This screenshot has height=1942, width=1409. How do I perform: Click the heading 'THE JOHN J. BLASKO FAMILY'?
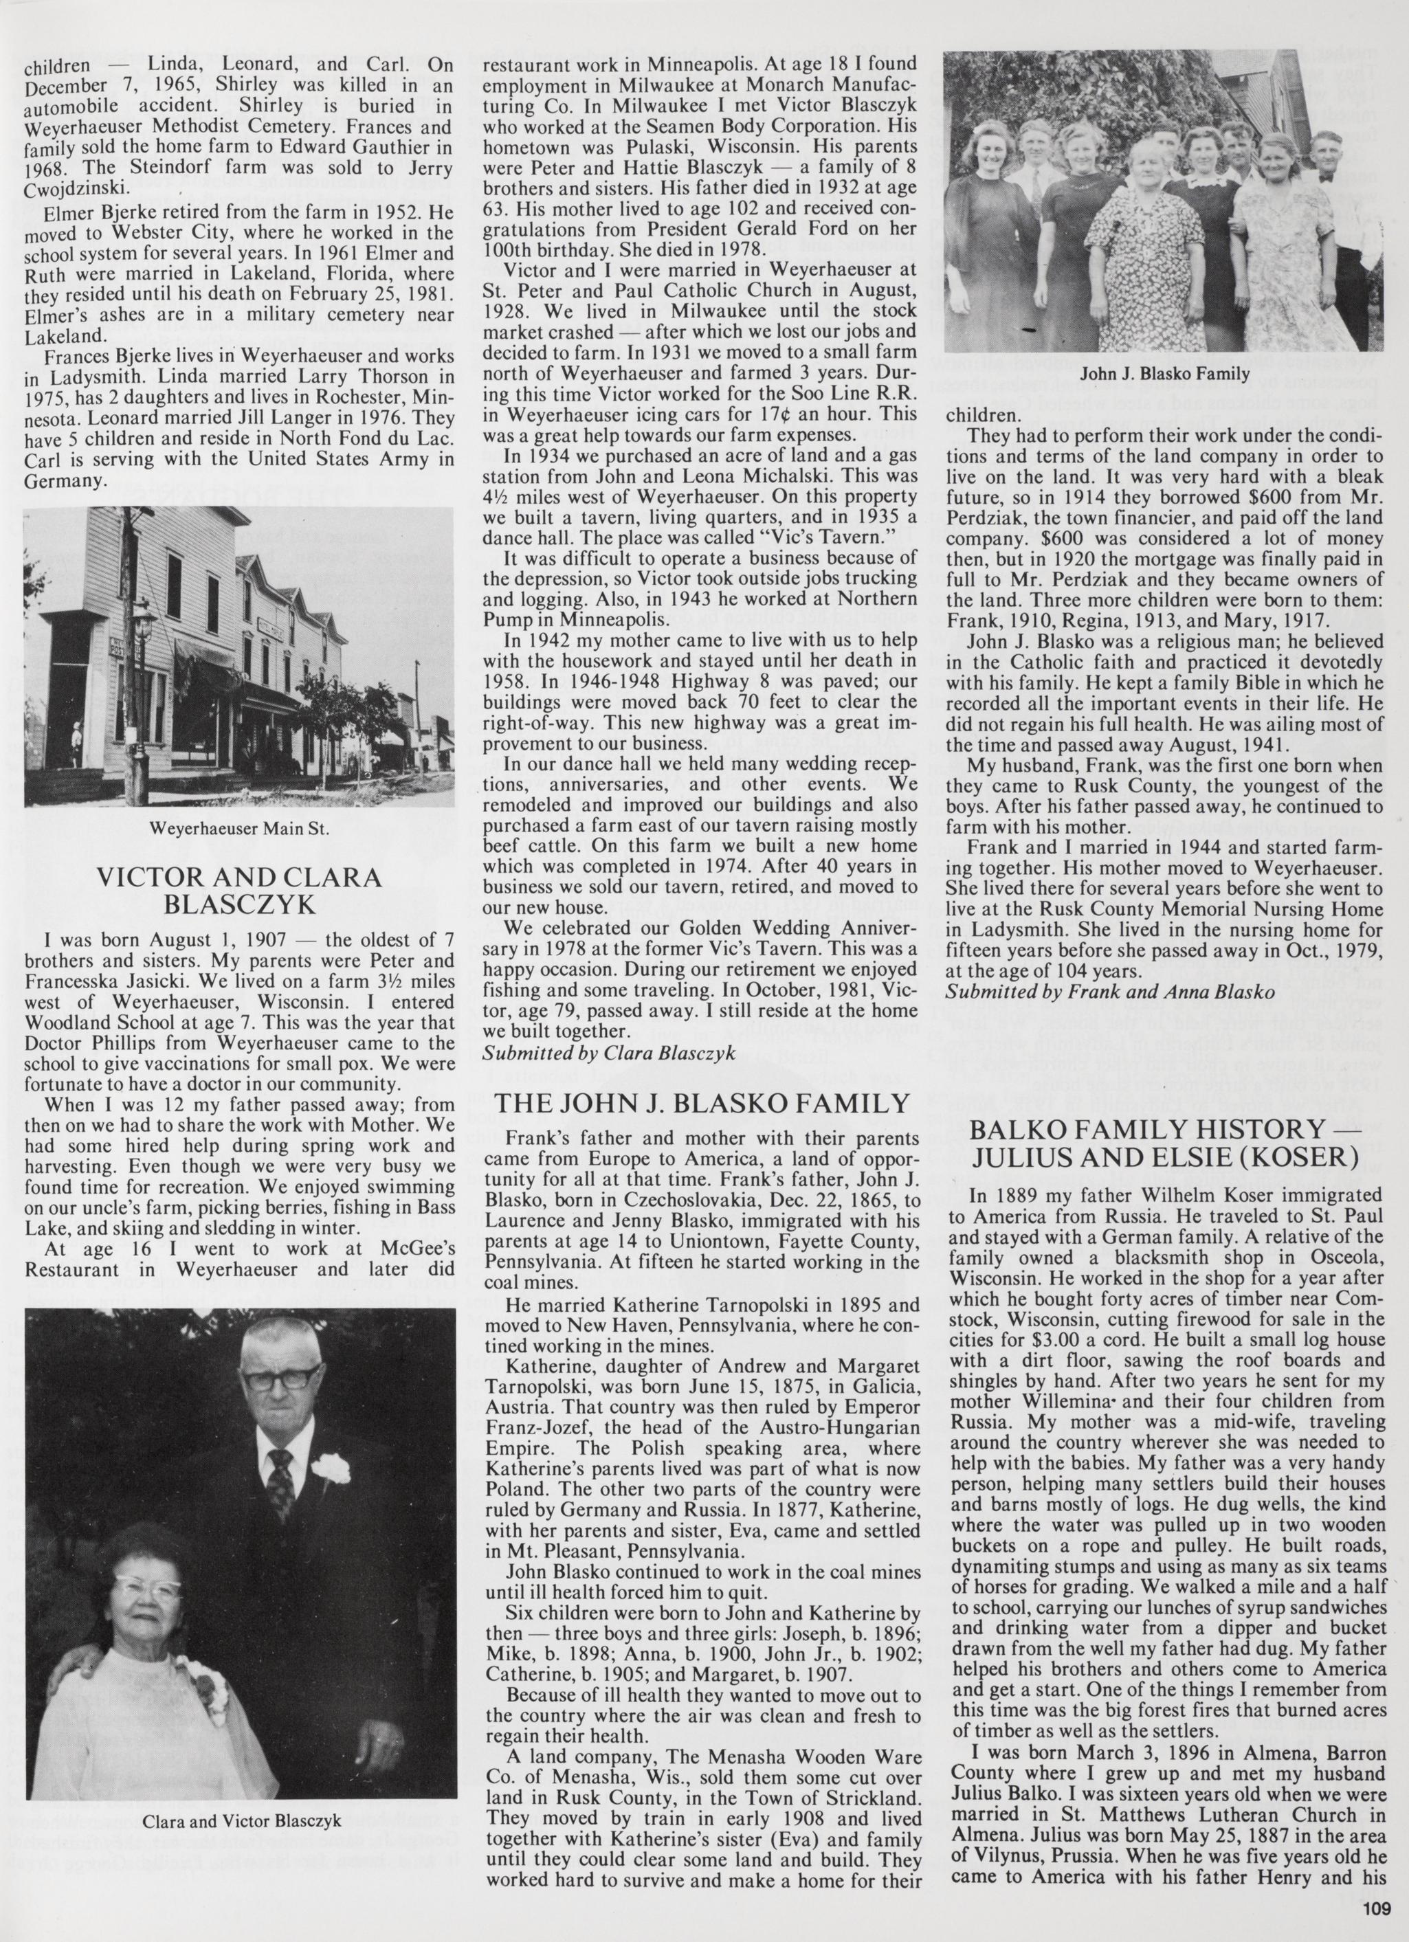pos(702,1104)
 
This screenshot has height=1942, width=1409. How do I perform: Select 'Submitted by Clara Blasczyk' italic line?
pos(609,1054)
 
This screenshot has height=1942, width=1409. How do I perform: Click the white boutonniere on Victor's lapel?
pos(331,1469)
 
